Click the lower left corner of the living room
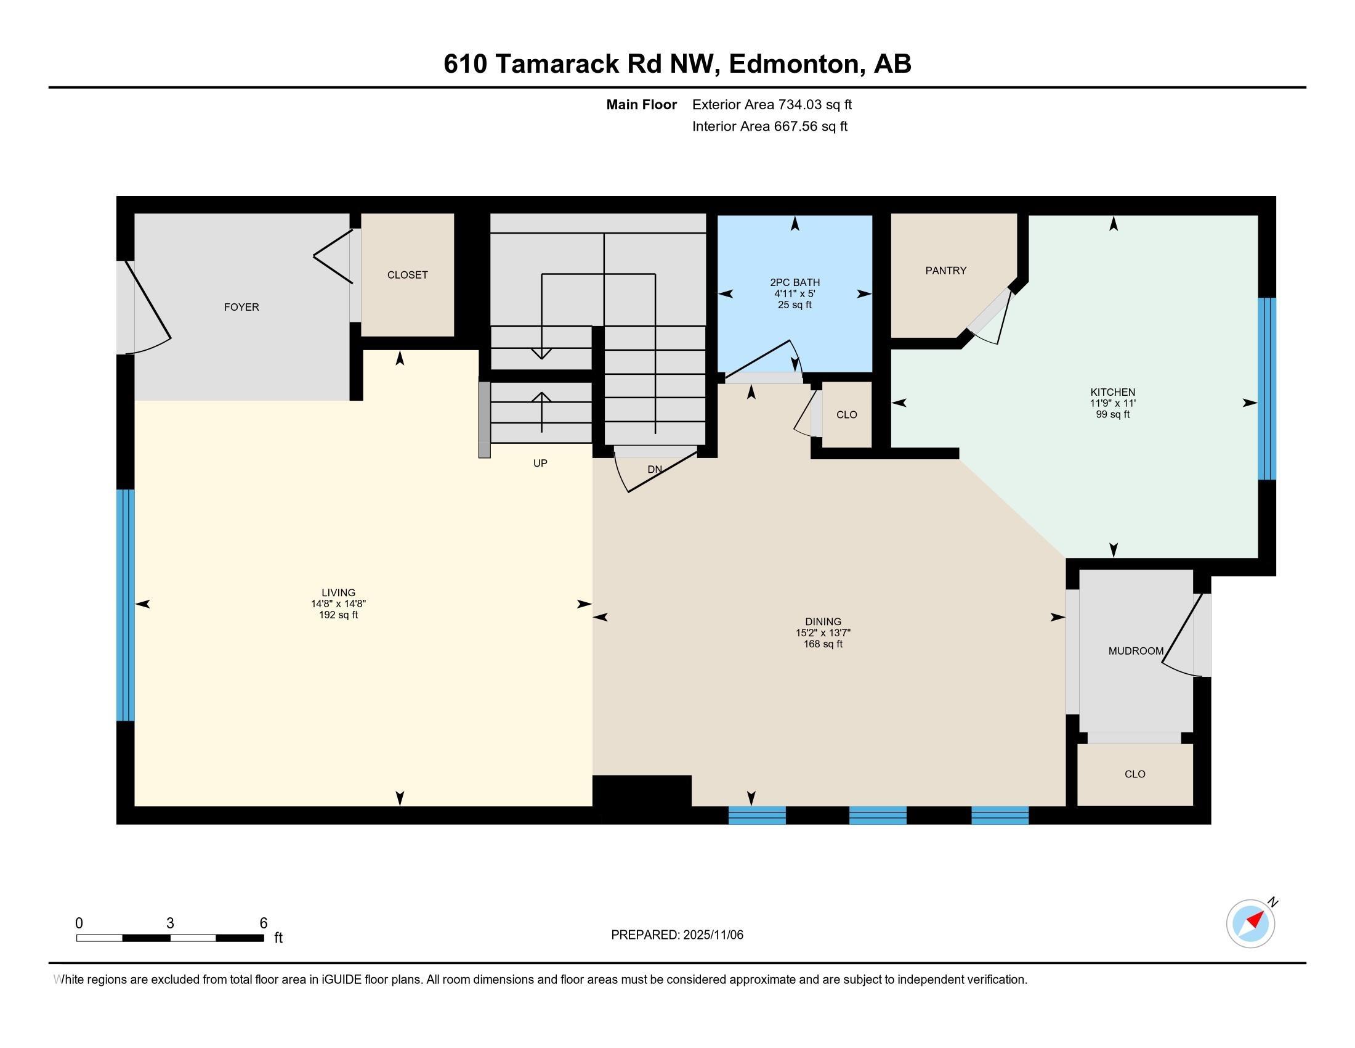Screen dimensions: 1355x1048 135,806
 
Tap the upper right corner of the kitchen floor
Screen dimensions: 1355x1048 1258,215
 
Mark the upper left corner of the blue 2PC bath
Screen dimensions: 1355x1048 718,215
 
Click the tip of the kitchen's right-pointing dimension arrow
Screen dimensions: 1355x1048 1257,403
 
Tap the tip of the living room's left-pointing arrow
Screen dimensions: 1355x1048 136,604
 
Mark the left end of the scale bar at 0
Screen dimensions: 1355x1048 77,938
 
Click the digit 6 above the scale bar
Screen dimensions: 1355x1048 263,923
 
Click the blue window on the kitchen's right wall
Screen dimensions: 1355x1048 1267,388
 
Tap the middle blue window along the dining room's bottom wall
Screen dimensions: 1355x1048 877,815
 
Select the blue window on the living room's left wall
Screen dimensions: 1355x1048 125,605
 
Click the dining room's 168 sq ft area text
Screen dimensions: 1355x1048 823,644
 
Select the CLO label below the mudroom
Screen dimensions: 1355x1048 1135,774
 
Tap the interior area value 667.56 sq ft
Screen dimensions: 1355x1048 811,126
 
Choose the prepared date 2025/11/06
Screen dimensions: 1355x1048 712,935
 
